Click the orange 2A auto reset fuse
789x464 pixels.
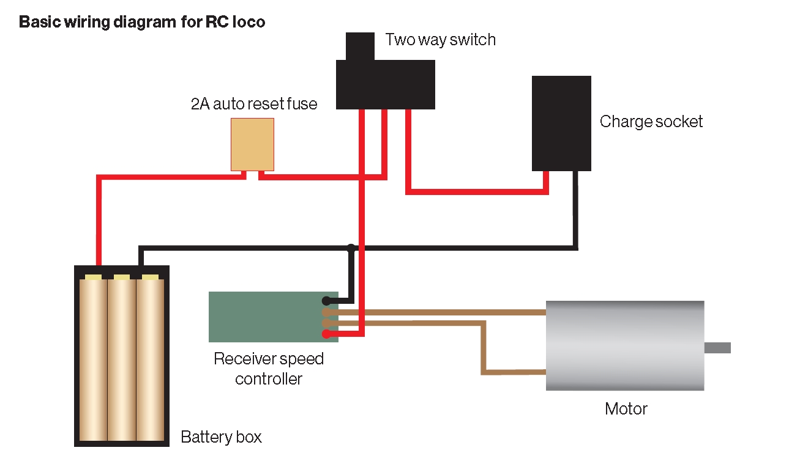252,144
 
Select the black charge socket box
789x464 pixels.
561,123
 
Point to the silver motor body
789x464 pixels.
624,345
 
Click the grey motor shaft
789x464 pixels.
717,348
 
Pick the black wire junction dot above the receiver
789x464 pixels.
351,248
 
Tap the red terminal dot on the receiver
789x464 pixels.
326,334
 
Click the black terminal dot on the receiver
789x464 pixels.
326,301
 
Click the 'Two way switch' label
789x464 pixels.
440,40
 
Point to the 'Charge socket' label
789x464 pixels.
651,122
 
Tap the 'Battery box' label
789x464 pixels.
221,438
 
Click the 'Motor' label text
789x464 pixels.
626,408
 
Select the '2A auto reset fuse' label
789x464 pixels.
254,105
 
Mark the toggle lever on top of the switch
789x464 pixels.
360,46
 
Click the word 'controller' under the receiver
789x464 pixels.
269,379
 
